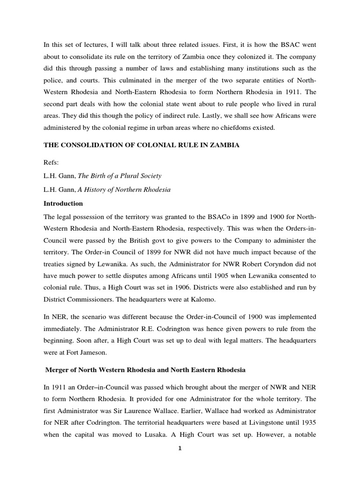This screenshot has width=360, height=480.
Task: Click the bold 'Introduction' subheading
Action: (63, 203)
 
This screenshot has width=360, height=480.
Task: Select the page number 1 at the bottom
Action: (180, 461)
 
